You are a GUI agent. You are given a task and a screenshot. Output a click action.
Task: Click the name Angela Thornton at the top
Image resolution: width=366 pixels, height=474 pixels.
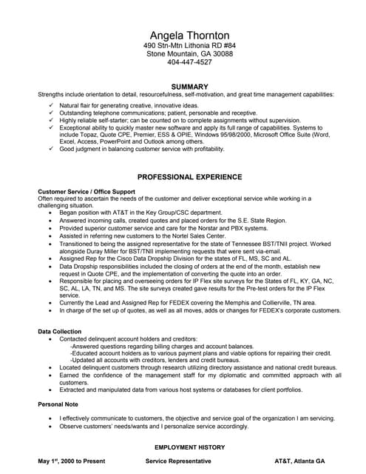tap(189, 36)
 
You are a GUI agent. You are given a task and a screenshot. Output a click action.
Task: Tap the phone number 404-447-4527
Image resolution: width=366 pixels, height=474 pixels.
tap(189, 62)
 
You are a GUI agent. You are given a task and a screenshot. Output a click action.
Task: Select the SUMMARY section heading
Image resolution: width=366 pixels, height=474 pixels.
tap(189, 87)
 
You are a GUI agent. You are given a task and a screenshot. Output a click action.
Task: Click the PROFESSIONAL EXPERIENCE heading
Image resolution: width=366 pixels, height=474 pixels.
tap(189, 177)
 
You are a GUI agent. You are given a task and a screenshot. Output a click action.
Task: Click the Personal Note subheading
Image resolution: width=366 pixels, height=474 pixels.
tap(59, 404)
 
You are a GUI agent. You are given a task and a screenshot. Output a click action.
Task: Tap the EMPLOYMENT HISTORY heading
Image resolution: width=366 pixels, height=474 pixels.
tap(189, 448)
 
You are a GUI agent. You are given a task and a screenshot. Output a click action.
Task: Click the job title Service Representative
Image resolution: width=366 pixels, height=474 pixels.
tap(178, 461)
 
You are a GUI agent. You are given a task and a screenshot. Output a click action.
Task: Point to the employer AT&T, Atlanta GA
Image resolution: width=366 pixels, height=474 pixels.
tap(299, 461)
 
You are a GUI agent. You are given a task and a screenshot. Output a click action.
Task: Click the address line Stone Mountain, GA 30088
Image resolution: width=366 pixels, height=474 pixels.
tap(189, 54)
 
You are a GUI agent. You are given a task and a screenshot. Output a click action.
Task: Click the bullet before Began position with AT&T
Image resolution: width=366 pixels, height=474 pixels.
tap(50, 213)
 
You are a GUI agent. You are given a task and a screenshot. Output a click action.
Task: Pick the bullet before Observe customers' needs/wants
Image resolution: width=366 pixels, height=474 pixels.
tap(50, 427)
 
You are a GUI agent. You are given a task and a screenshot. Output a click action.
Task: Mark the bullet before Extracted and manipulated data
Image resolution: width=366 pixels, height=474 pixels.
tap(50, 389)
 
